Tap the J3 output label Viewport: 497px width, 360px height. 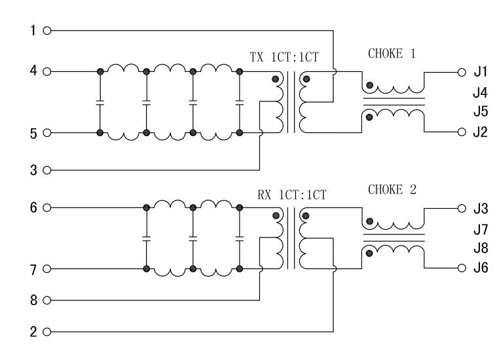(x=481, y=209)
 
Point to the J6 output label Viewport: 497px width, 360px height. (x=481, y=269)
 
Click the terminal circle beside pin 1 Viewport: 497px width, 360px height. (x=46, y=31)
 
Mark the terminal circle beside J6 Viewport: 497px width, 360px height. (x=461, y=269)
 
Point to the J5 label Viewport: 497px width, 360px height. (x=481, y=112)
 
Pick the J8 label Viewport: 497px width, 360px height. (x=481, y=249)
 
